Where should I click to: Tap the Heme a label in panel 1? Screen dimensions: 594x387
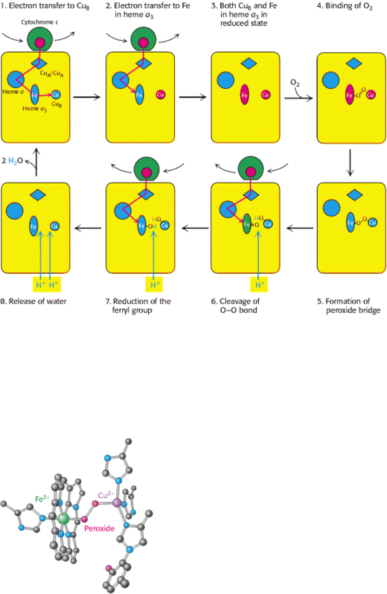pyautogui.click(x=16, y=93)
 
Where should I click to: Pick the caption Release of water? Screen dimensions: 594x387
pyautogui.click(x=34, y=301)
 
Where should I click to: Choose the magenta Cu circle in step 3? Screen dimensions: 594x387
pyautogui.click(x=266, y=94)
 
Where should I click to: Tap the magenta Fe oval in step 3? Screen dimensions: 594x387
pyautogui.click(x=244, y=94)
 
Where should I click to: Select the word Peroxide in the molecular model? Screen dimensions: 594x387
pyautogui.click(x=100, y=528)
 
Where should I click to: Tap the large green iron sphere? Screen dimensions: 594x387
pyautogui.click(x=64, y=518)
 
